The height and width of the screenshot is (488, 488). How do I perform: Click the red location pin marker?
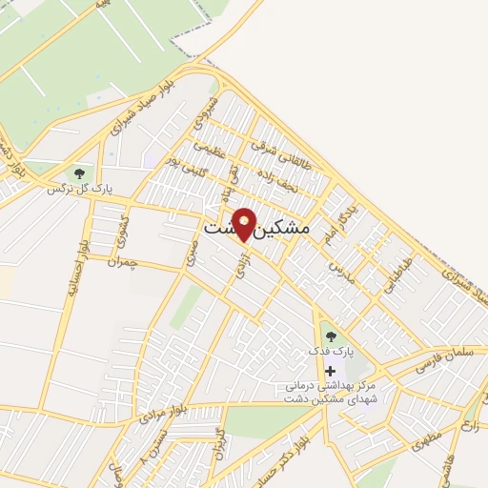245,225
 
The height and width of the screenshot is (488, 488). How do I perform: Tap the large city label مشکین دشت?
257,230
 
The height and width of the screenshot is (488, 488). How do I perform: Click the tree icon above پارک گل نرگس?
79,173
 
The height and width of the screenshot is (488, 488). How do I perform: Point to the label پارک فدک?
330,352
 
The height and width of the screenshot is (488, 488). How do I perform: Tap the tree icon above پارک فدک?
330,335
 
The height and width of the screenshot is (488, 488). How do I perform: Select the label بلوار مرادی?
159,413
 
